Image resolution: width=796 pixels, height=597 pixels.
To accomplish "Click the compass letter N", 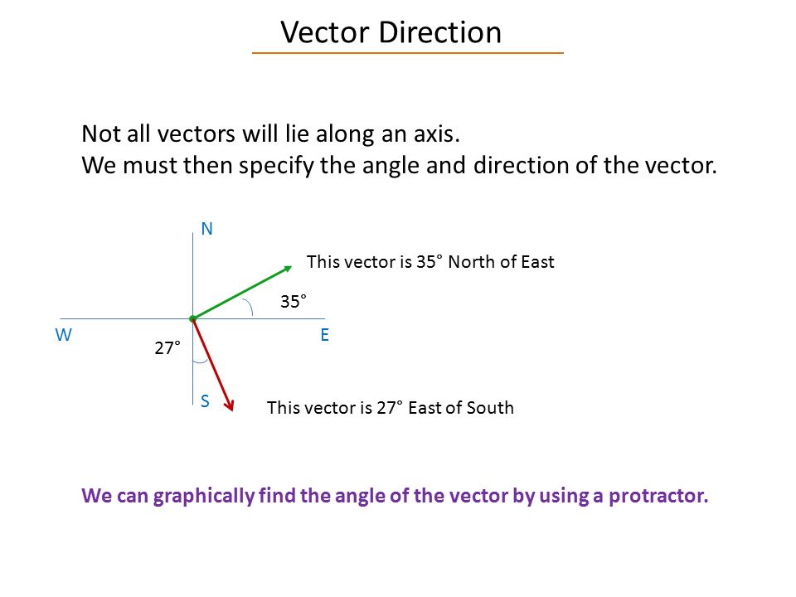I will tap(207, 230).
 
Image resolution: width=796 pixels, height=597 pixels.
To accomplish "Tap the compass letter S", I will tap(205, 401).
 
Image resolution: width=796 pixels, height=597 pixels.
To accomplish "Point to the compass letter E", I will tap(324, 336).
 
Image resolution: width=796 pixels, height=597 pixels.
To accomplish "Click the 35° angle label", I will tap(293, 302).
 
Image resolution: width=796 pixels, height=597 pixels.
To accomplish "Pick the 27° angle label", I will tap(167, 349).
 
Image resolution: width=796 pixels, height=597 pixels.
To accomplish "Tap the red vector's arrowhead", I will tap(231, 404).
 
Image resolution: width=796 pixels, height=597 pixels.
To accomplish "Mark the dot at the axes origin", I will tap(192, 318).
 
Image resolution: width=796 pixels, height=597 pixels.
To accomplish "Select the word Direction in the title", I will tap(440, 32).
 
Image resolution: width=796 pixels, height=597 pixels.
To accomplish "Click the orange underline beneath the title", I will tap(408, 53).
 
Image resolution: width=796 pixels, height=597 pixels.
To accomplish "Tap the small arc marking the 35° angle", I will tap(250, 308).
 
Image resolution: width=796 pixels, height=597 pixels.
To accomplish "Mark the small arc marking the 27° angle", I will tap(199, 362).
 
